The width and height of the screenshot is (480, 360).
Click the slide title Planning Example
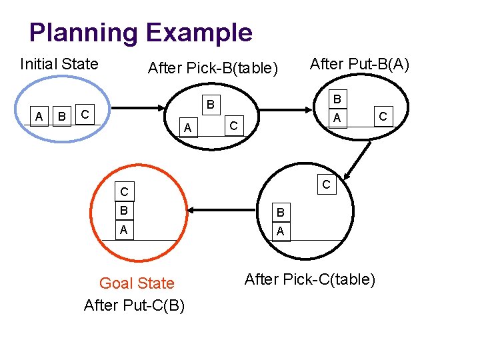141,32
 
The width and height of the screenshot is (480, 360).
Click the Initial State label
59,64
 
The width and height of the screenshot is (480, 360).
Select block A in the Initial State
39,117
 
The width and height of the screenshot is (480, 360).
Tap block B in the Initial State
62,117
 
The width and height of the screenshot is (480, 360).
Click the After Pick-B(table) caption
213,68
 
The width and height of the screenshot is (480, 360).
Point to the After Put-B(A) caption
360,64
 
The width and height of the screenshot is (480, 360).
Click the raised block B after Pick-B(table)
209,104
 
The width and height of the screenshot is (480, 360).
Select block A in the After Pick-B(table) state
188,127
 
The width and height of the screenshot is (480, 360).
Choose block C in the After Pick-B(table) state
233,125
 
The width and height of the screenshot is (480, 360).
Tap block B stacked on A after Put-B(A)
337,99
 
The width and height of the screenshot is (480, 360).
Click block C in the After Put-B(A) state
383,117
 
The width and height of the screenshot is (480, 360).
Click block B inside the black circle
281,213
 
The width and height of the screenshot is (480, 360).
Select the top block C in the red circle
123,193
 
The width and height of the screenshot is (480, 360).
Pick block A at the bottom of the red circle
123,230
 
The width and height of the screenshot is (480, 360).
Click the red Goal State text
137,283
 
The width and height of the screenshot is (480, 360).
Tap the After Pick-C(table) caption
310,279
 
